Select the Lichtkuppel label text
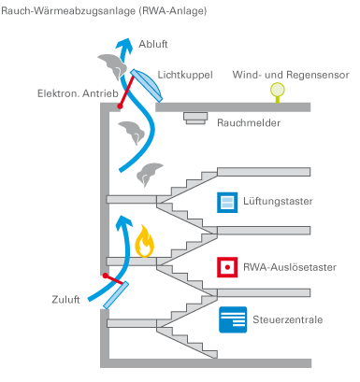185,73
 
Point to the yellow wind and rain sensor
277,91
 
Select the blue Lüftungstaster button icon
225,202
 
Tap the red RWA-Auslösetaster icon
225,267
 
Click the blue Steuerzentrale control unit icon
232,319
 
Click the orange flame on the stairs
145,244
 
